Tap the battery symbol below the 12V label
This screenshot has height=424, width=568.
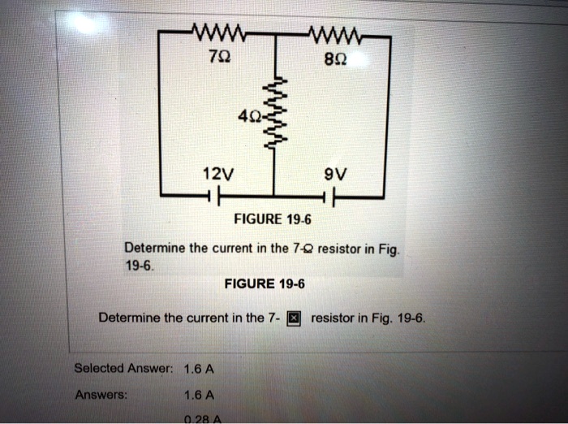click(211, 197)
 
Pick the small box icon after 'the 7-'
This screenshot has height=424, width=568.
click(295, 318)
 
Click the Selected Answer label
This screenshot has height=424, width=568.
click(123, 368)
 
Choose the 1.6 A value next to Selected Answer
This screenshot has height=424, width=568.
click(199, 368)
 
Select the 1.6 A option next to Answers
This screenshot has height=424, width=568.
click(199, 396)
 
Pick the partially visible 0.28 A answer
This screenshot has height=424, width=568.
click(197, 419)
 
